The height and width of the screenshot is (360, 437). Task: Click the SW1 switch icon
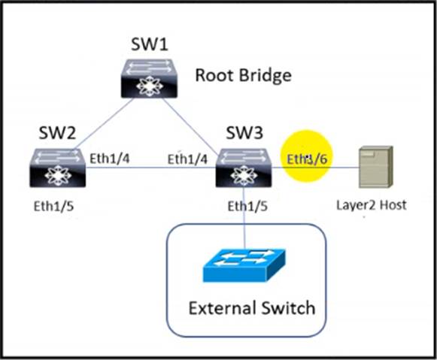click(x=149, y=78)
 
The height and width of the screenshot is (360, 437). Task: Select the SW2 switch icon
click(x=57, y=168)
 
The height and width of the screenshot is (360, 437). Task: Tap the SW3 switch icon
click(x=244, y=168)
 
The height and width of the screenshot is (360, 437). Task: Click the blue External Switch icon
click(x=244, y=265)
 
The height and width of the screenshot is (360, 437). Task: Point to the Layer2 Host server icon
click(x=376, y=167)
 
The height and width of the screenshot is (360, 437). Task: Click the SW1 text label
click(x=150, y=44)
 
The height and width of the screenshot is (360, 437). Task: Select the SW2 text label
click(x=57, y=132)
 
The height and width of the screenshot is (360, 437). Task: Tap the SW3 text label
click(x=244, y=132)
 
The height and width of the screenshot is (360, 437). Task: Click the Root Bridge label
click(x=243, y=75)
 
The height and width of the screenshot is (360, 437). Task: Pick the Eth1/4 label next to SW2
click(x=110, y=159)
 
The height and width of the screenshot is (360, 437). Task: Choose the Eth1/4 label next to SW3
click(x=187, y=159)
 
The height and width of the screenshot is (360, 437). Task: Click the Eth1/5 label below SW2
click(x=53, y=207)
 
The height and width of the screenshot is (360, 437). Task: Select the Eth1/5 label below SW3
click(x=247, y=207)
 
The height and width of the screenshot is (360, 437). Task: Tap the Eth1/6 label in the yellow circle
click(x=307, y=159)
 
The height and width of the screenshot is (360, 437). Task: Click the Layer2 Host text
click(x=372, y=205)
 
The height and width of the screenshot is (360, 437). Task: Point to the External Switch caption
click(x=252, y=307)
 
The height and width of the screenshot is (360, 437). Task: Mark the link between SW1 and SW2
click(x=103, y=123)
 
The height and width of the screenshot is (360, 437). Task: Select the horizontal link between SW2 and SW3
click(x=150, y=168)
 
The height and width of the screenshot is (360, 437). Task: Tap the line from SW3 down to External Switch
click(x=244, y=217)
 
